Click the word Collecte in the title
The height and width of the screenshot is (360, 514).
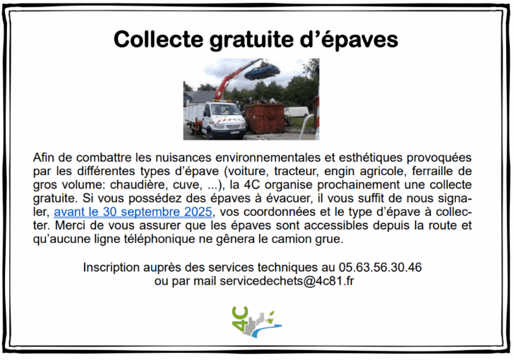pos(158,39)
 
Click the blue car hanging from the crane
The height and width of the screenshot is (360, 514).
pos(262,71)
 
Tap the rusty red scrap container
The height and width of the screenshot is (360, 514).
pos(265,118)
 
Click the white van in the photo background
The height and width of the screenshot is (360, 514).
pos(297,112)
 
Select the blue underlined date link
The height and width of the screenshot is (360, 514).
pos(133,212)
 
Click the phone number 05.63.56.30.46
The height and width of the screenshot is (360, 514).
pos(381,268)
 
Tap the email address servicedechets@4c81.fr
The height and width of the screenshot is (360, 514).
pos(287,282)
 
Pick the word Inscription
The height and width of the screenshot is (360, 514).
pos(112,268)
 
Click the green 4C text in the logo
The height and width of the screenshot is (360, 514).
pos(240,318)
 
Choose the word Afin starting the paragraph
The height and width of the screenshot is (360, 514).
pos(43,157)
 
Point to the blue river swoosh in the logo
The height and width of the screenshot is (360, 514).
pos(266,329)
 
